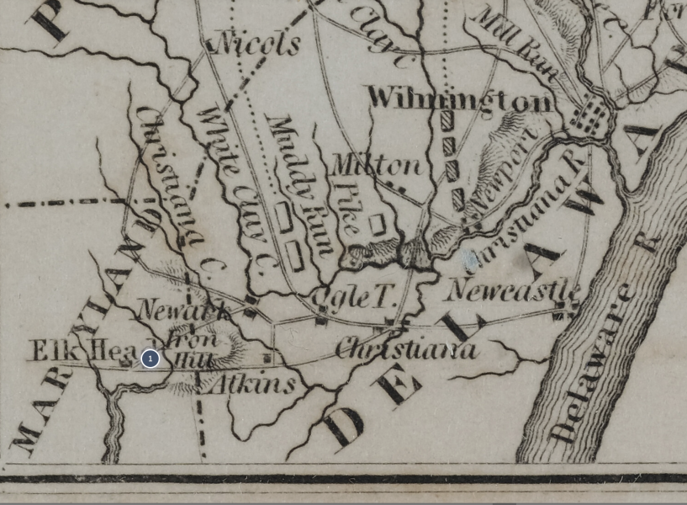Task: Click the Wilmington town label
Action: pos(460,99)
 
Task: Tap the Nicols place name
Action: pos(258,43)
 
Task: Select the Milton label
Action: pos(376,164)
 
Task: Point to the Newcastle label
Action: pos(512,290)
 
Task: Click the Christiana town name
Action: pos(406,348)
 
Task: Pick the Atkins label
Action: pos(251,385)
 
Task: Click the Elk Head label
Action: pos(80,350)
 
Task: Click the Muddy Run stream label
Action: pos(299,185)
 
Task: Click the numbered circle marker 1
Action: pos(150,359)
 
